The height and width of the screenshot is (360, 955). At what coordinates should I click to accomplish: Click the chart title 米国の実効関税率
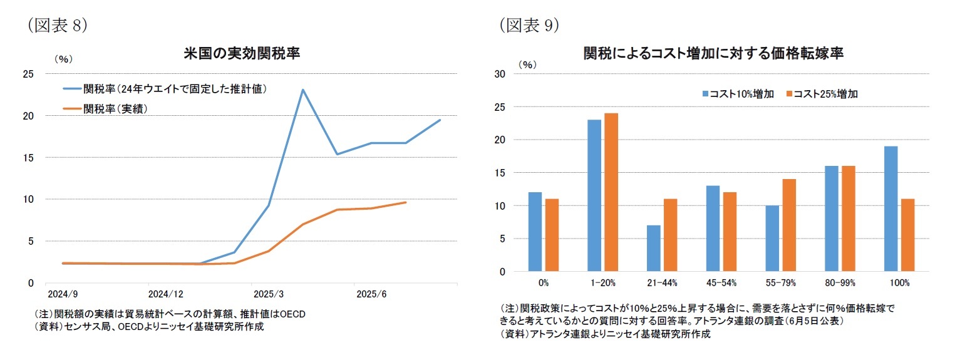pos(242,53)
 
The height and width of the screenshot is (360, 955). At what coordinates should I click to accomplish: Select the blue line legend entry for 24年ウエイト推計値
pos(166,89)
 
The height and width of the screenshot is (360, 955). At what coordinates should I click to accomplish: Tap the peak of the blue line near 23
pos(303,90)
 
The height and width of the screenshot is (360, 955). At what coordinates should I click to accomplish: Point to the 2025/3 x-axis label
pos(268,293)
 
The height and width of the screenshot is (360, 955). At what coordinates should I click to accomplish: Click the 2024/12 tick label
pos(165,293)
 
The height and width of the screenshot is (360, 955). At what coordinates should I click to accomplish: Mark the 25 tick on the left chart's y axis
pos(28,75)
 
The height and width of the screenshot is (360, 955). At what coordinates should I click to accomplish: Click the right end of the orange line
pos(406,202)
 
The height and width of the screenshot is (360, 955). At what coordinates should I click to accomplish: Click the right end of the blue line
pos(440,120)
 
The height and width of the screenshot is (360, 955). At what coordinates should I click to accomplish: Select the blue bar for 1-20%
pos(594,195)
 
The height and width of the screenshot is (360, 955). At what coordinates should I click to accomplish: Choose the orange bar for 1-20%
pos(611,192)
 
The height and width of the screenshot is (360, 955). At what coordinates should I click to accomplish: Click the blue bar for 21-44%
pos(653,248)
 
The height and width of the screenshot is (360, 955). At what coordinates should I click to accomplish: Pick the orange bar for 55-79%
pos(788,225)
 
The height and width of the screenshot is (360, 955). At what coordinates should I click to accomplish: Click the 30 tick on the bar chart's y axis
pos(500,74)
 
